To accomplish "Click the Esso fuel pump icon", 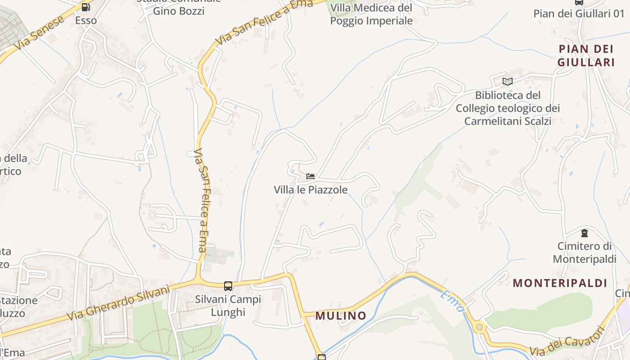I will [85, 7].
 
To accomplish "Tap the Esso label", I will [85, 21].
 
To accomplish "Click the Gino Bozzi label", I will [179, 11].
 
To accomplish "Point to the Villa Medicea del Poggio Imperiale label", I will [371, 14].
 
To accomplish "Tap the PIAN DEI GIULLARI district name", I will [586, 55].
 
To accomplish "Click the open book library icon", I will [507, 81].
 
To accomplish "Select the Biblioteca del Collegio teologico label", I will [508, 108].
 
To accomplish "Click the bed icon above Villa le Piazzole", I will [310, 176].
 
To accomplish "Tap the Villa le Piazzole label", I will [310, 190].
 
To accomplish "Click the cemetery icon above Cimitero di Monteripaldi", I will [584, 233].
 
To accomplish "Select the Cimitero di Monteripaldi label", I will [584, 252].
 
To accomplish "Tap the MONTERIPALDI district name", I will [560, 283].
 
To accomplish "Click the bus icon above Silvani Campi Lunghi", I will [228, 286].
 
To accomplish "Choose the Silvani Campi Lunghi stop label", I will [228, 306].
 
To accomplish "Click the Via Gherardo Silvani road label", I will [119, 303].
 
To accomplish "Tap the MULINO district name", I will [340, 315].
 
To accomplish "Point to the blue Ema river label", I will [452, 301].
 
